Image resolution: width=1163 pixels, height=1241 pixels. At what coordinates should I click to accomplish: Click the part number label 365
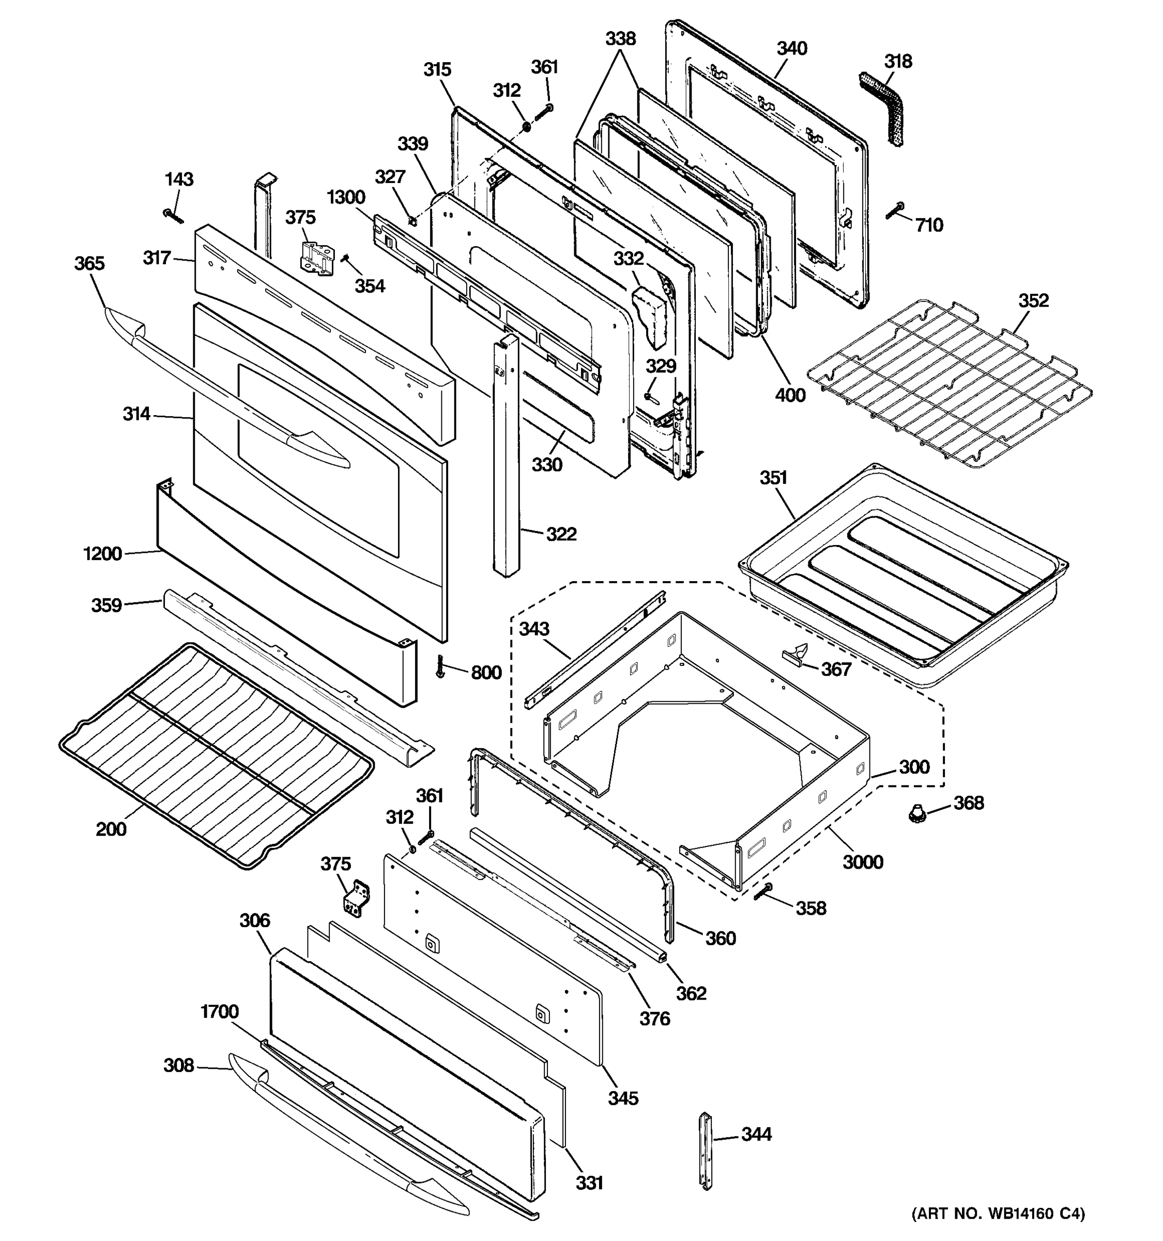coord(89,263)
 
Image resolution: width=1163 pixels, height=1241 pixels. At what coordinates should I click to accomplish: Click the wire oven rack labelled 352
coord(948,382)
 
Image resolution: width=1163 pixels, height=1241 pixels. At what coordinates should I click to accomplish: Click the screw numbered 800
coord(440,667)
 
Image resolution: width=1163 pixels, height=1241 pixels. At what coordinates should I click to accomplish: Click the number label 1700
coord(219,1011)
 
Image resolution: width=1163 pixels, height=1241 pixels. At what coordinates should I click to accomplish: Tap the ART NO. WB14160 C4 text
coord(998,1213)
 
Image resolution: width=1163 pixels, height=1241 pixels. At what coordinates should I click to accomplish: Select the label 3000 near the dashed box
coord(862,862)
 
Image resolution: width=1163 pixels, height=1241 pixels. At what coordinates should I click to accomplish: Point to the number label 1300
coord(346,197)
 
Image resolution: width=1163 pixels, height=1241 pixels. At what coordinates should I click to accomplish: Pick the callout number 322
coord(561,534)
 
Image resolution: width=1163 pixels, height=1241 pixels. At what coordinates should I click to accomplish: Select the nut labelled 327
coord(412,220)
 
